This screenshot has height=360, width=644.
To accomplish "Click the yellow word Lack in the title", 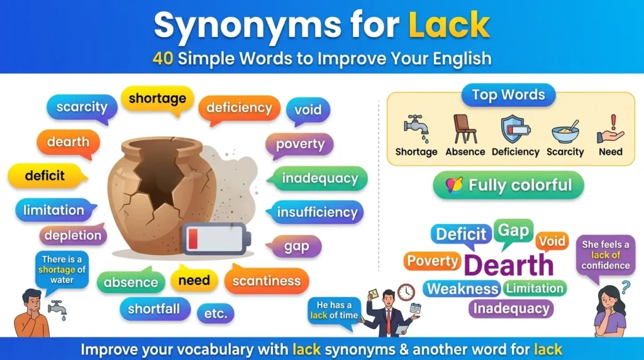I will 449,25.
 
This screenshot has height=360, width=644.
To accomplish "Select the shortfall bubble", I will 154,308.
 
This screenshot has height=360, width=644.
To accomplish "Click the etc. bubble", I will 215,313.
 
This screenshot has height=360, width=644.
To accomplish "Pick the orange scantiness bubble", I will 267,281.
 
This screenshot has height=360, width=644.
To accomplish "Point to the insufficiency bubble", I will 317,212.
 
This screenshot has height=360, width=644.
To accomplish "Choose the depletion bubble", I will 73,235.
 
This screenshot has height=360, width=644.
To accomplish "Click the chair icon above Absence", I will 465,129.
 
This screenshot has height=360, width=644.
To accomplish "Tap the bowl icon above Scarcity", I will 565,132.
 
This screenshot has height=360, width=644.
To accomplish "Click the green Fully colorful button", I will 508,185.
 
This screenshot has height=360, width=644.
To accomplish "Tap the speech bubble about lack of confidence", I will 606,254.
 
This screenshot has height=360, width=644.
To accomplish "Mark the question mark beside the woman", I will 625,288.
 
